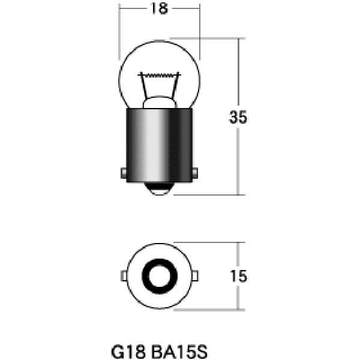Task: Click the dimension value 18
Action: [x=159, y=8]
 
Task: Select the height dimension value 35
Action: [x=238, y=118]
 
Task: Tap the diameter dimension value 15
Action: [x=238, y=276]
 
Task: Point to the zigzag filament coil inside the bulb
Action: [x=159, y=76]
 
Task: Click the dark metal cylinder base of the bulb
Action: [x=159, y=144]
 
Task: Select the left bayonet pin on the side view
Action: [x=122, y=173]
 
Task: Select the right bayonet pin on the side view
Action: [x=196, y=173]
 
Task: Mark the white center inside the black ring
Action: [x=159, y=276]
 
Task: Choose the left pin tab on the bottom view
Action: [x=123, y=276]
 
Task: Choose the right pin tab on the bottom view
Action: [x=196, y=276]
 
